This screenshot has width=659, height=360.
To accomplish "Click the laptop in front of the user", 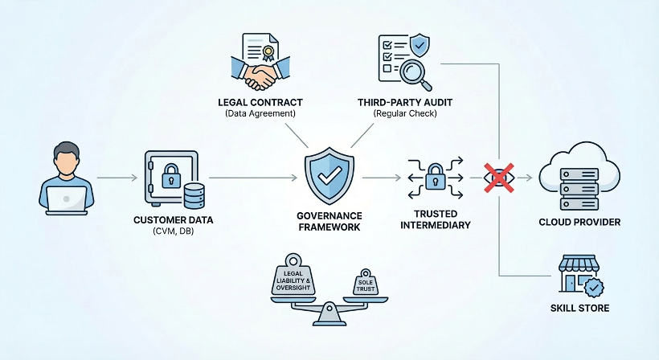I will pyautogui.click(x=66, y=199).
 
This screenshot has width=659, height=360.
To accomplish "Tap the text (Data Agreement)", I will pyautogui.click(x=261, y=114).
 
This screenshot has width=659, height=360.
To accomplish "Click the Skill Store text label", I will pyautogui.click(x=579, y=308).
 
